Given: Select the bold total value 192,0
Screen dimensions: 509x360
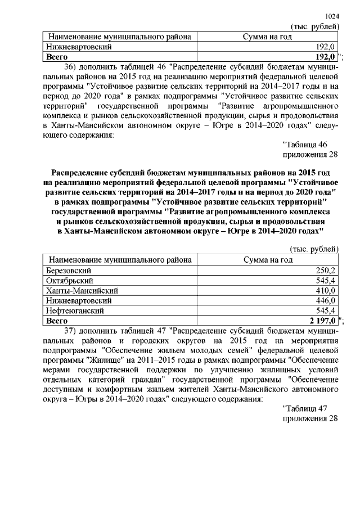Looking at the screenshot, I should tap(325, 57).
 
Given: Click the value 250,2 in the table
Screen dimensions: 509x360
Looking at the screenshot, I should tap(326, 271).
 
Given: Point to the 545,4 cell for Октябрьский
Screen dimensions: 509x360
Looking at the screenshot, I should tap(326, 281).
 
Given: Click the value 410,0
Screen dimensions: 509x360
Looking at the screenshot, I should tap(326, 291).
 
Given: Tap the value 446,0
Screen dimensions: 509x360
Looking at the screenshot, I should tap(326, 300).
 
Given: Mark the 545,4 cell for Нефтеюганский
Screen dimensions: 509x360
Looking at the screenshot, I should tap(326, 310).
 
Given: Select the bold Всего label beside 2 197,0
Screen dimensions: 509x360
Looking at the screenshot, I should tap(57, 321).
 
